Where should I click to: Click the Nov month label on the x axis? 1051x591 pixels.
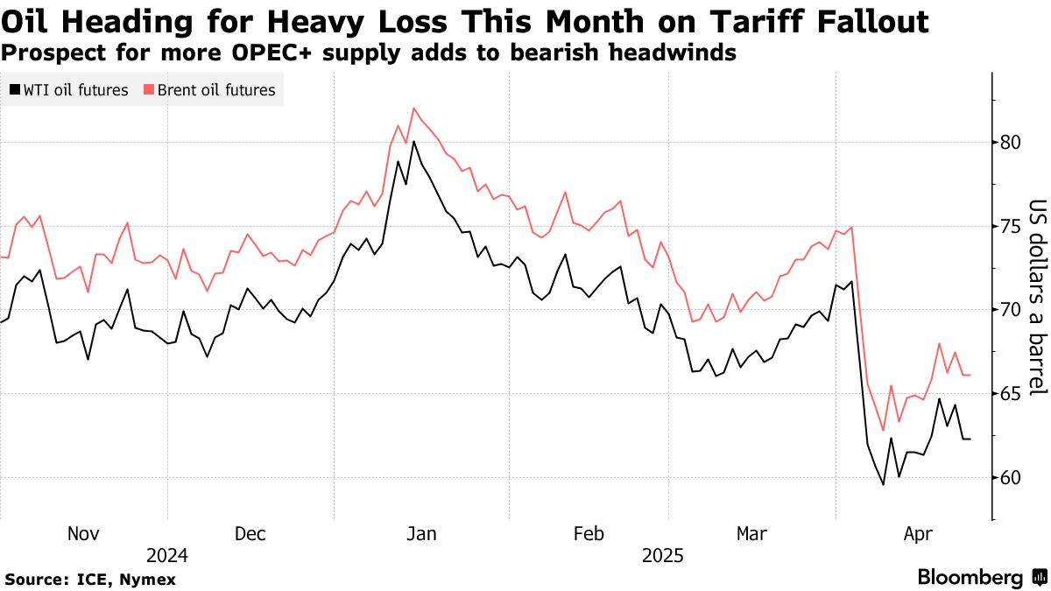click(x=83, y=534)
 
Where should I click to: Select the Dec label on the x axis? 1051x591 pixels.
click(x=250, y=534)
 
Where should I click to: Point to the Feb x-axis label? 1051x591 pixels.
click(x=588, y=534)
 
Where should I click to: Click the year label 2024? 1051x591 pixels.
click(x=166, y=556)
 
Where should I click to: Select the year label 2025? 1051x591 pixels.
click(x=664, y=556)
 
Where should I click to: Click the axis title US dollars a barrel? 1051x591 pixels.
click(x=1038, y=298)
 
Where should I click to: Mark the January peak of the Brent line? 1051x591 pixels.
click(x=413, y=109)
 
